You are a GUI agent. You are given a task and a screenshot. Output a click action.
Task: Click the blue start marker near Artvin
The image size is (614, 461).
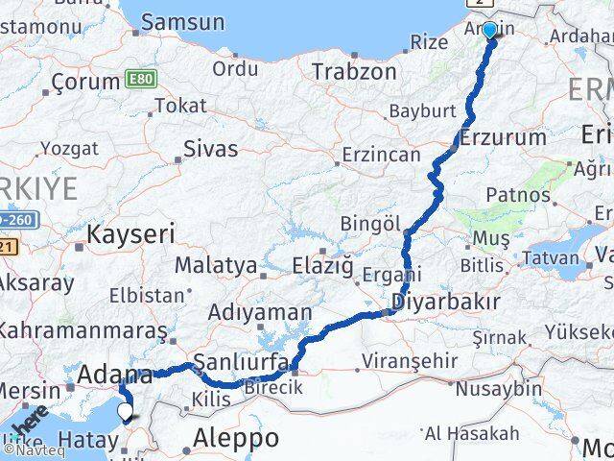[489, 30]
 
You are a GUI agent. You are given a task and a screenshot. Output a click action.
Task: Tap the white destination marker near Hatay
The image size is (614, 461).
[125, 412]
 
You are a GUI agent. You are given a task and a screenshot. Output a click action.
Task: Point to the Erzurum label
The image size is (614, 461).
[503, 137]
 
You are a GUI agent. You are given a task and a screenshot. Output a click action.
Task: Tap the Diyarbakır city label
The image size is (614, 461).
[446, 303]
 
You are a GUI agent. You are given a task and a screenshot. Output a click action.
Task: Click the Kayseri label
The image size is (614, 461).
[130, 232]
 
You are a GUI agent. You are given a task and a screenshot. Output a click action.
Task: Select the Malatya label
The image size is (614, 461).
[215, 264]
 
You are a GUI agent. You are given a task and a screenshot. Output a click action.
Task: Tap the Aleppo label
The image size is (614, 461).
[235, 438]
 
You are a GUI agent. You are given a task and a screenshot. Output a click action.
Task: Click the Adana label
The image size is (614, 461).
[117, 375]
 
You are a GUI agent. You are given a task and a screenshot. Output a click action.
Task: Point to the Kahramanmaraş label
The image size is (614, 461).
[81, 330]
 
